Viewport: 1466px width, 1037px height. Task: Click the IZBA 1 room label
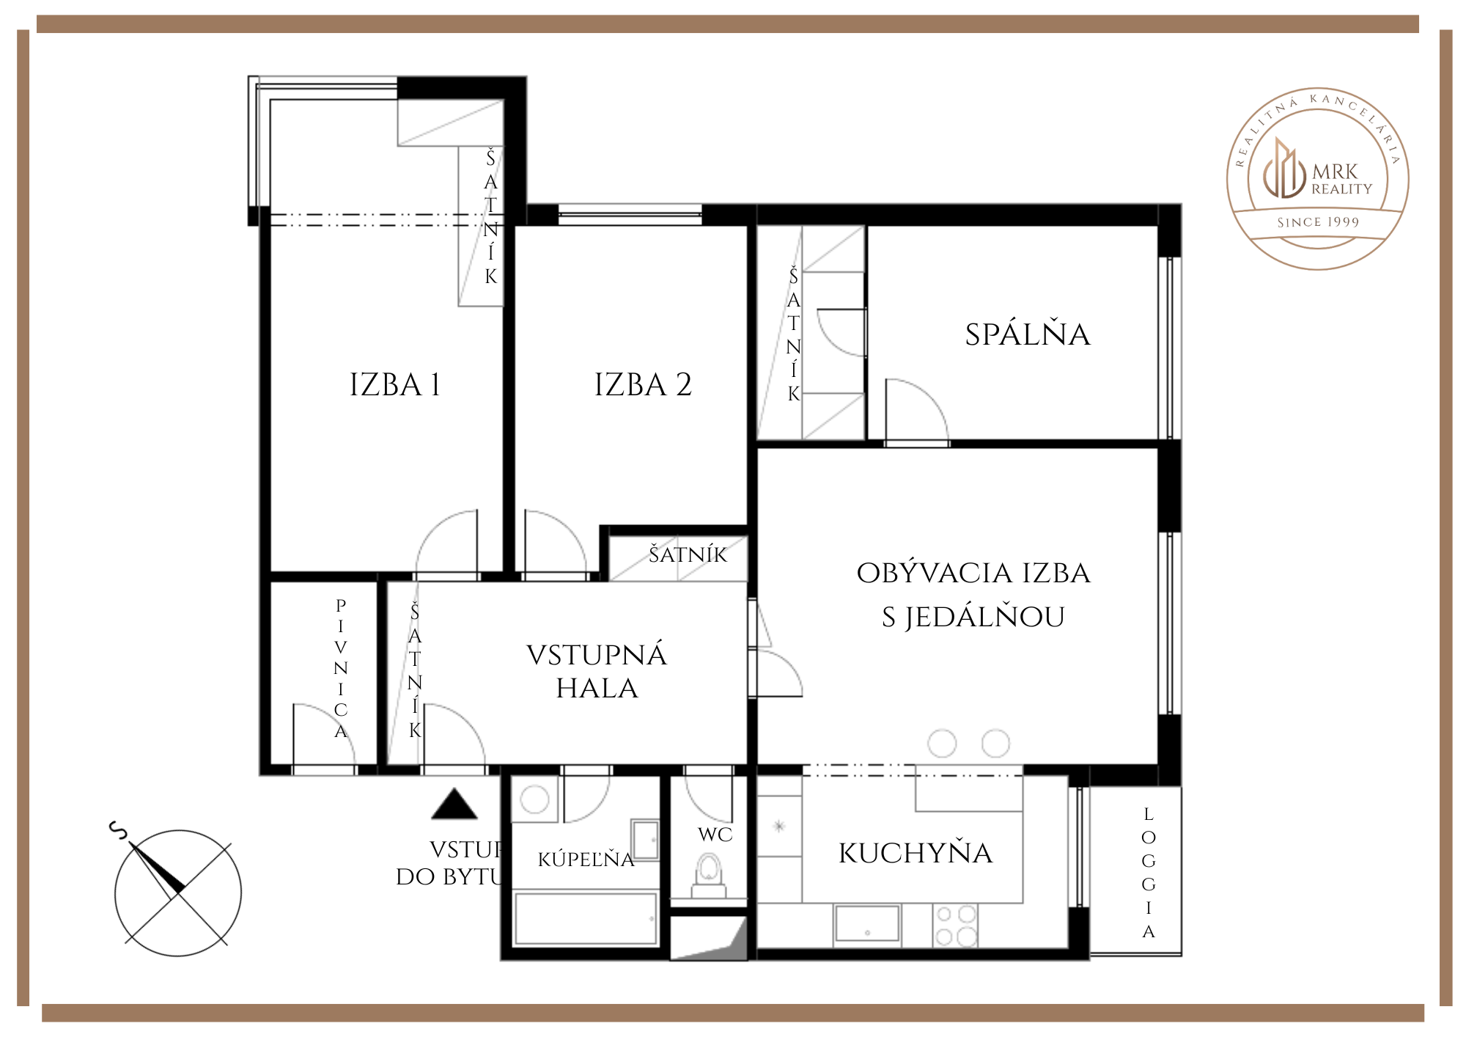pos(395,385)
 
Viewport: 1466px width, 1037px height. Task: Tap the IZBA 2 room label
pos(643,385)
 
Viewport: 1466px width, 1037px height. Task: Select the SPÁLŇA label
pos(1028,334)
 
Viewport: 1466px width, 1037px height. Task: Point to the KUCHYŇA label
pos(916,853)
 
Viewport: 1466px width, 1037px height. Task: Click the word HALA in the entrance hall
pos(597,689)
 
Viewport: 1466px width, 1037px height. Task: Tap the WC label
pos(715,835)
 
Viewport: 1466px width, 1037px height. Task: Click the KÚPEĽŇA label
pos(586,859)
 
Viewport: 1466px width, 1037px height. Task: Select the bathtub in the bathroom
pos(586,918)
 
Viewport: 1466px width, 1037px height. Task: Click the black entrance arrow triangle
pos(454,805)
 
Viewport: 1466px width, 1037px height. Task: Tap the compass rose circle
pos(178,893)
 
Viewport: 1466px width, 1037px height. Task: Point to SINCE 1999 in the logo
pos(1318,222)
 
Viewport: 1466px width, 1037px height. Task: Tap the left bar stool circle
pos(942,743)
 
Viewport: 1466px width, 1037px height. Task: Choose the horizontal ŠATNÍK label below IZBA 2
pos(688,555)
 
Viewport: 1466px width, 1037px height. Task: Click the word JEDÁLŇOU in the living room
pos(984,618)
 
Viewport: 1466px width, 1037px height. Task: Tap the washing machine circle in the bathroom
pos(534,799)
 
